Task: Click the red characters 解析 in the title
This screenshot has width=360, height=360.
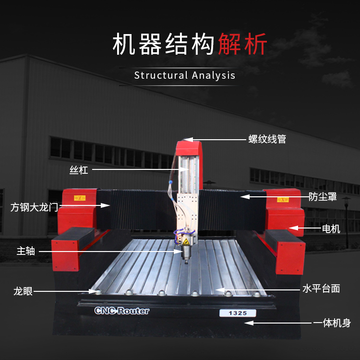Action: point(242,44)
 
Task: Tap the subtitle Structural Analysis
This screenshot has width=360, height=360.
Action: point(185,75)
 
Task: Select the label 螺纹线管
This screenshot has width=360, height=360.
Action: point(267,139)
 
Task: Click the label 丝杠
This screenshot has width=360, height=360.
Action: point(79,170)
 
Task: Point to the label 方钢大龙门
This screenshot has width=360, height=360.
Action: point(34,207)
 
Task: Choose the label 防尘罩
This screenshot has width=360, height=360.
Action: point(323,197)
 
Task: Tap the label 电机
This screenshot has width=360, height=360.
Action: point(331,229)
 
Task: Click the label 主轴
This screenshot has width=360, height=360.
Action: point(26,251)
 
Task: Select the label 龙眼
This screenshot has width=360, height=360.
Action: point(23,291)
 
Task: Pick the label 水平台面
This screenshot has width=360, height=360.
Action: point(321,288)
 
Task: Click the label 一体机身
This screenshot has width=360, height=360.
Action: point(332,323)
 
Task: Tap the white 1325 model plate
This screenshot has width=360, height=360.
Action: point(238,313)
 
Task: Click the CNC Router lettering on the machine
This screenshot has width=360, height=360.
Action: point(122,311)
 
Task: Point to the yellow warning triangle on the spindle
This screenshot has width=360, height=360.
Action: point(186,241)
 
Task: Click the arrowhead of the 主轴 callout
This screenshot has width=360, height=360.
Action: point(178,252)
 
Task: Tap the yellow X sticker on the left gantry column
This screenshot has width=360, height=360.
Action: point(80,198)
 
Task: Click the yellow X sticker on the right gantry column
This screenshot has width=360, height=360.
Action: point(283,200)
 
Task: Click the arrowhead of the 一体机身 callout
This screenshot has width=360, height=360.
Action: point(249,323)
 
